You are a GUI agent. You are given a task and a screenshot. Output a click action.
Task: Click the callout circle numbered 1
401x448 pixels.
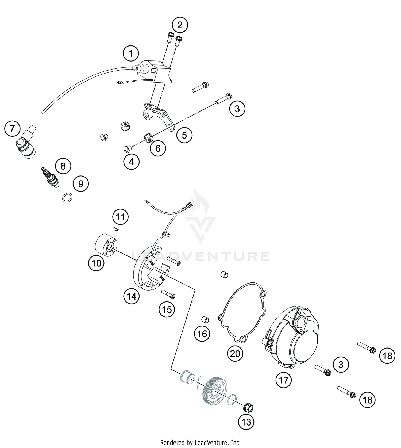131,54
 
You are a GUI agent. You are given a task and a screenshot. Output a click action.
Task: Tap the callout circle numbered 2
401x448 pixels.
180,25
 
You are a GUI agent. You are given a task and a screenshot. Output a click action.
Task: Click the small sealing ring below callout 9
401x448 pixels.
67,198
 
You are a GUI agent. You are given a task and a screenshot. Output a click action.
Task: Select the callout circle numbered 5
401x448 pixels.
184,135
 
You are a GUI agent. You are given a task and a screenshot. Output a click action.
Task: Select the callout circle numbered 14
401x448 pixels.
132,296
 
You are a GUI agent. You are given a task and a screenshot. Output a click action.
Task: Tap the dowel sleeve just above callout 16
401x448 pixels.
205,320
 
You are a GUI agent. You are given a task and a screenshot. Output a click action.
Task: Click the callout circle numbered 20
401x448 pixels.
235,354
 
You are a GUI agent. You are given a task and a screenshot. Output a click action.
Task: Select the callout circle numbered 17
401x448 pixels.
284,380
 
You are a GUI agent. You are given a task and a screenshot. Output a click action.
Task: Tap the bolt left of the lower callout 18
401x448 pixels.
346,391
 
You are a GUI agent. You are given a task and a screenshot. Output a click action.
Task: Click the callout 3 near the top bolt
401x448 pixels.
237,109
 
